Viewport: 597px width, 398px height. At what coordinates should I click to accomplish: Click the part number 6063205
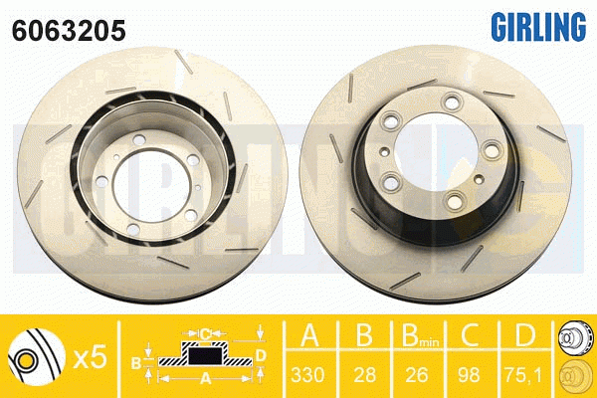[68, 30]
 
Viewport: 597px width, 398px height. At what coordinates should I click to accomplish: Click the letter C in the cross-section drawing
[205, 332]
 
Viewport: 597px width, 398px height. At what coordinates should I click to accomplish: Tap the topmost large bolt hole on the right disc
[454, 99]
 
